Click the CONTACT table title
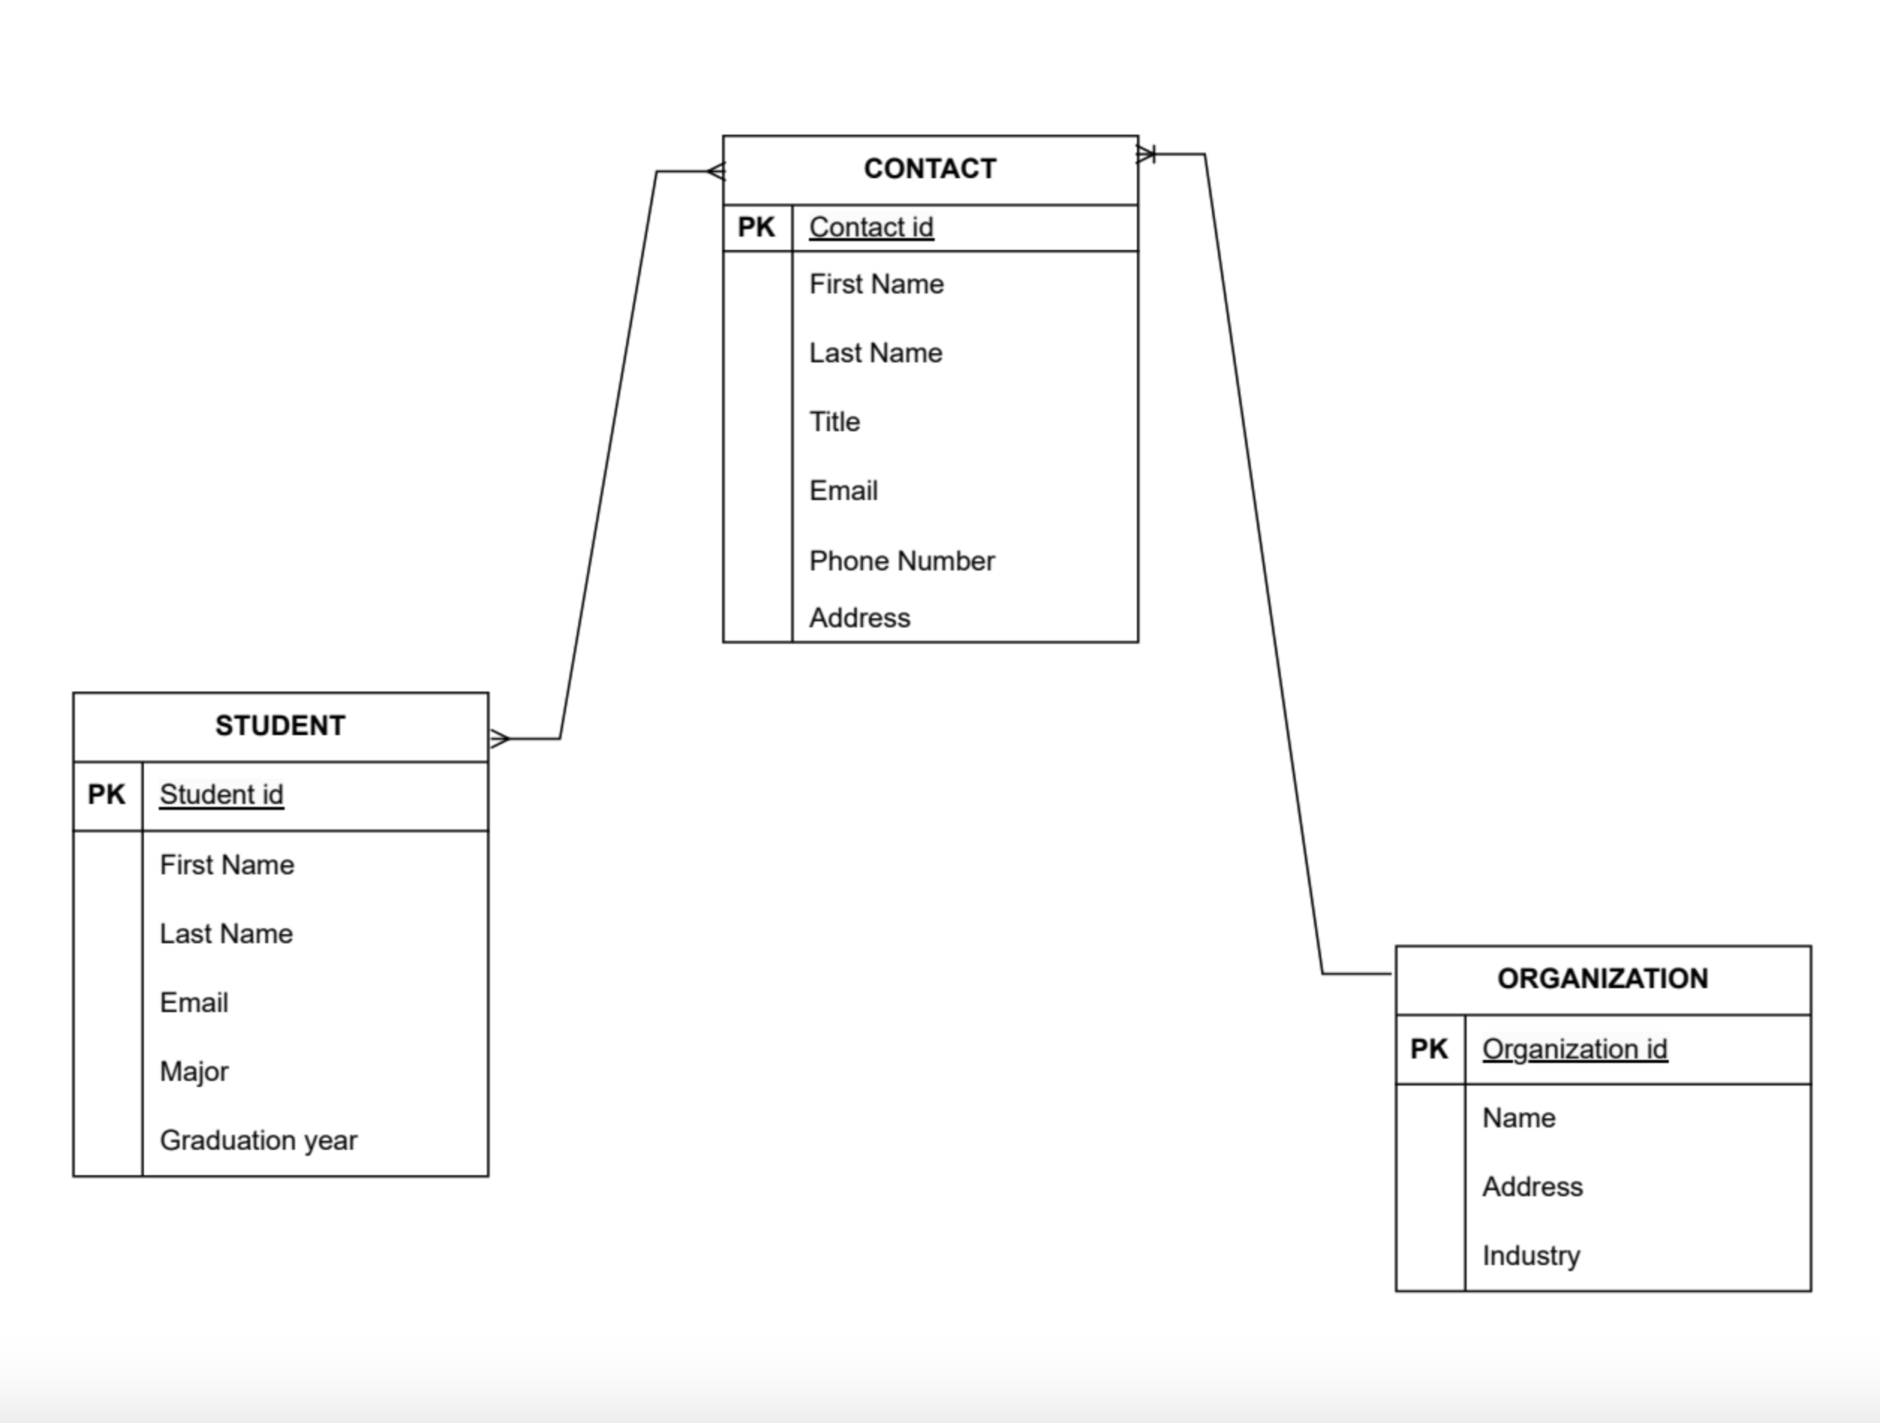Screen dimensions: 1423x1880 [930, 169]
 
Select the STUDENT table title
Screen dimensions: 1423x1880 [279, 726]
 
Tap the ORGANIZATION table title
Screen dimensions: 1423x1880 [1602, 978]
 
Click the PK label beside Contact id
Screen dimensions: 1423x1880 [756, 228]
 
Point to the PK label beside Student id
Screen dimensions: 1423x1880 [106, 795]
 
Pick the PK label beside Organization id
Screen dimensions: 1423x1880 [1428, 1049]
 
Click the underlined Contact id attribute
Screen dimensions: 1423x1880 [871, 228]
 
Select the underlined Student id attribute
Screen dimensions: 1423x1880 [221, 795]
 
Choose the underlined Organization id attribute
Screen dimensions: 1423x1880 [1574, 1049]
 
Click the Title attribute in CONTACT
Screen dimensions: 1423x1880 [834, 422]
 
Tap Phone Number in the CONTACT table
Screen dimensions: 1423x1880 [901, 561]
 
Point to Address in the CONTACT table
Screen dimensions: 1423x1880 [859, 618]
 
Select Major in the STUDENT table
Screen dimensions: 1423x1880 [194, 1072]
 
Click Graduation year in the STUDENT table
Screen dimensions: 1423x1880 [258, 1141]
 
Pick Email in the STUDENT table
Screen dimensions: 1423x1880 [194, 1003]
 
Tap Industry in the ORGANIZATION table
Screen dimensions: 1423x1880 [1531, 1255]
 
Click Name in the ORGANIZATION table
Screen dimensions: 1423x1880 [1519, 1118]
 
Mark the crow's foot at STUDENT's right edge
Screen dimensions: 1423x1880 [500, 739]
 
